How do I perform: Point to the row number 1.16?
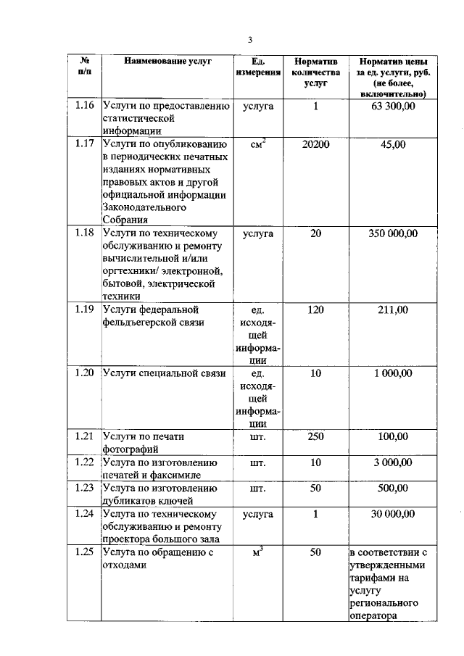(85, 107)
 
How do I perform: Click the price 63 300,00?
(393, 107)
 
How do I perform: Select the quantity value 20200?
(315, 144)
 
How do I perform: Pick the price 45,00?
(393, 144)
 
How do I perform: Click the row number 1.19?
(85, 310)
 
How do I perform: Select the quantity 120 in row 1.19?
(315, 310)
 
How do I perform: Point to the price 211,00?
(393, 310)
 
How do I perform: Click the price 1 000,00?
(393, 373)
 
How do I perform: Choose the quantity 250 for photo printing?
(315, 436)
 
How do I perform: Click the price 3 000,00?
(393, 462)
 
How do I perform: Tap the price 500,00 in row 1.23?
(393, 489)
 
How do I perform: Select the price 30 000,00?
(393, 514)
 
